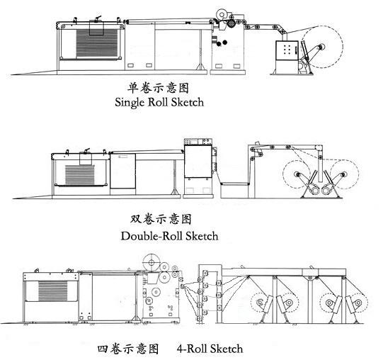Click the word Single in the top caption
(x=130, y=102)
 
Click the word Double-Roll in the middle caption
(x=152, y=236)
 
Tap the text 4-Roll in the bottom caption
(x=191, y=349)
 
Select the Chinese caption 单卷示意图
(x=158, y=89)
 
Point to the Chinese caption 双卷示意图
(x=161, y=219)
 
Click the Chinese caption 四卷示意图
(x=128, y=349)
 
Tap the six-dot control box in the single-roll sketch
(x=287, y=50)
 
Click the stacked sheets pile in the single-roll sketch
(x=97, y=43)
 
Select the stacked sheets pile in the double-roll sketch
(x=79, y=174)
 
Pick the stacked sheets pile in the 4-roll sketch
(x=52, y=291)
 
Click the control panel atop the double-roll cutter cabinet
(x=198, y=142)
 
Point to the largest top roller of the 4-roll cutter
(x=152, y=263)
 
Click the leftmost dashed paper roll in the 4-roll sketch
(x=261, y=303)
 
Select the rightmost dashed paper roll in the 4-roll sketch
(x=358, y=303)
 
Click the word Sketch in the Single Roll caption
(x=188, y=102)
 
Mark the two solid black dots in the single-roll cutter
(x=222, y=43)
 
